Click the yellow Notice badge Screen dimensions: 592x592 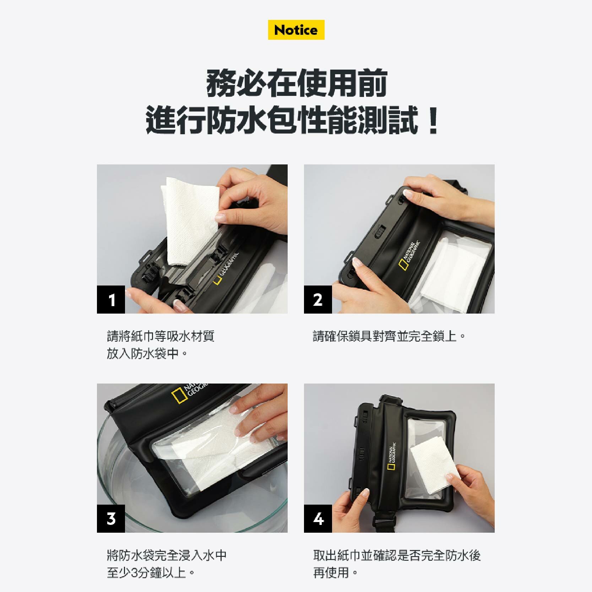coord(296,30)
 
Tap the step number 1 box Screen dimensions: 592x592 coord(111,299)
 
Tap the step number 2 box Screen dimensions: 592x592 coord(318,299)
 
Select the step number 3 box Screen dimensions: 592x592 coord(111,518)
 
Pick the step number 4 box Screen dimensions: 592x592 coord(318,518)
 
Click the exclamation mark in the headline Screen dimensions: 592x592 coord(433,122)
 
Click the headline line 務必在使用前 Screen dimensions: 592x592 coord(297,83)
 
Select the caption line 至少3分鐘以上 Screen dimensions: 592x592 coord(151,572)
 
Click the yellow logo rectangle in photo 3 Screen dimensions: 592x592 coord(179,396)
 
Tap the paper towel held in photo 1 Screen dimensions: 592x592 coord(191,220)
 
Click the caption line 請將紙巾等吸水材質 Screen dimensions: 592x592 coord(161,336)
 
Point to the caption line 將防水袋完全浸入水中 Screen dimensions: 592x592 coord(167,555)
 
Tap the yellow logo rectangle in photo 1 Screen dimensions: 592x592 coord(217,281)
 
